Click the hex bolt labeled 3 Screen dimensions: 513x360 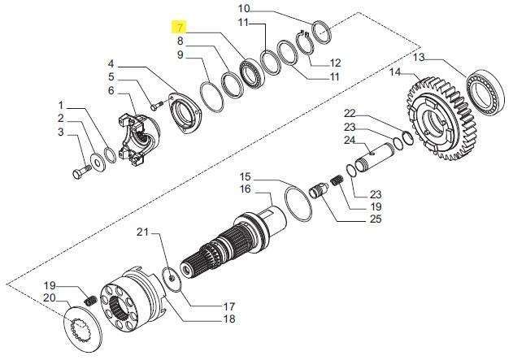tap(82, 171)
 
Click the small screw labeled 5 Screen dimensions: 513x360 tap(157, 106)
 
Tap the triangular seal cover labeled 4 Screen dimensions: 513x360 tap(184, 114)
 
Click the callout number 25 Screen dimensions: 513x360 tap(376, 219)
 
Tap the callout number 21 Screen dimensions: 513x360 tap(142, 232)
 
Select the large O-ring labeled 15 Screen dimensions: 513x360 tap(298, 203)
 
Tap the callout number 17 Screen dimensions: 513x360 tap(230, 306)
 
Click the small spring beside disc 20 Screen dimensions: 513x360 tap(90, 300)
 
